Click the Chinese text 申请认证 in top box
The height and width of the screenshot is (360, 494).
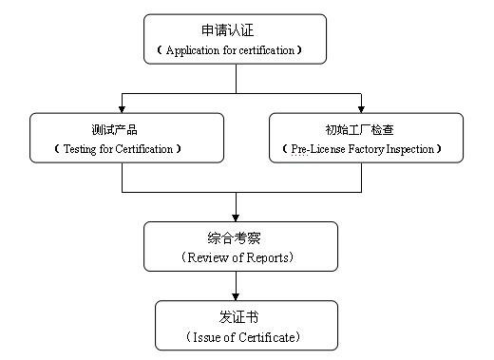click(235, 29)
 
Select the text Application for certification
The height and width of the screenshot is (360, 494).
click(235, 50)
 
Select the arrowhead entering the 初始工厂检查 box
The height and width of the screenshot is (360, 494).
click(362, 107)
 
